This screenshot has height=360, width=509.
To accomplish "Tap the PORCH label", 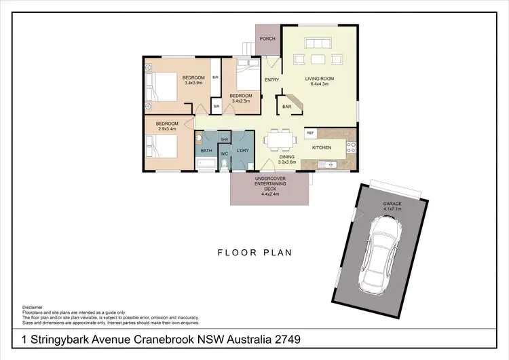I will pos(267,39).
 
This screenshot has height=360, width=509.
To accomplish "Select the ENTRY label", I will pos(271,80).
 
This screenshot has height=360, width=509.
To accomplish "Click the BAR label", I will pos(286,107).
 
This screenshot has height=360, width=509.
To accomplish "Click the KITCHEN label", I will pos(321,147).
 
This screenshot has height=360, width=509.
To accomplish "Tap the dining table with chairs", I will pos(280,141).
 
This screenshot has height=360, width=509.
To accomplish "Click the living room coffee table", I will pos(318,60).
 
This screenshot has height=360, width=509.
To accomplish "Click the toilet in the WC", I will pos(224,164).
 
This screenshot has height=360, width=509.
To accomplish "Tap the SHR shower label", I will pos(223,139).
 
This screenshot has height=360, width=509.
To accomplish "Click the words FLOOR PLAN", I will pos(254,253).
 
